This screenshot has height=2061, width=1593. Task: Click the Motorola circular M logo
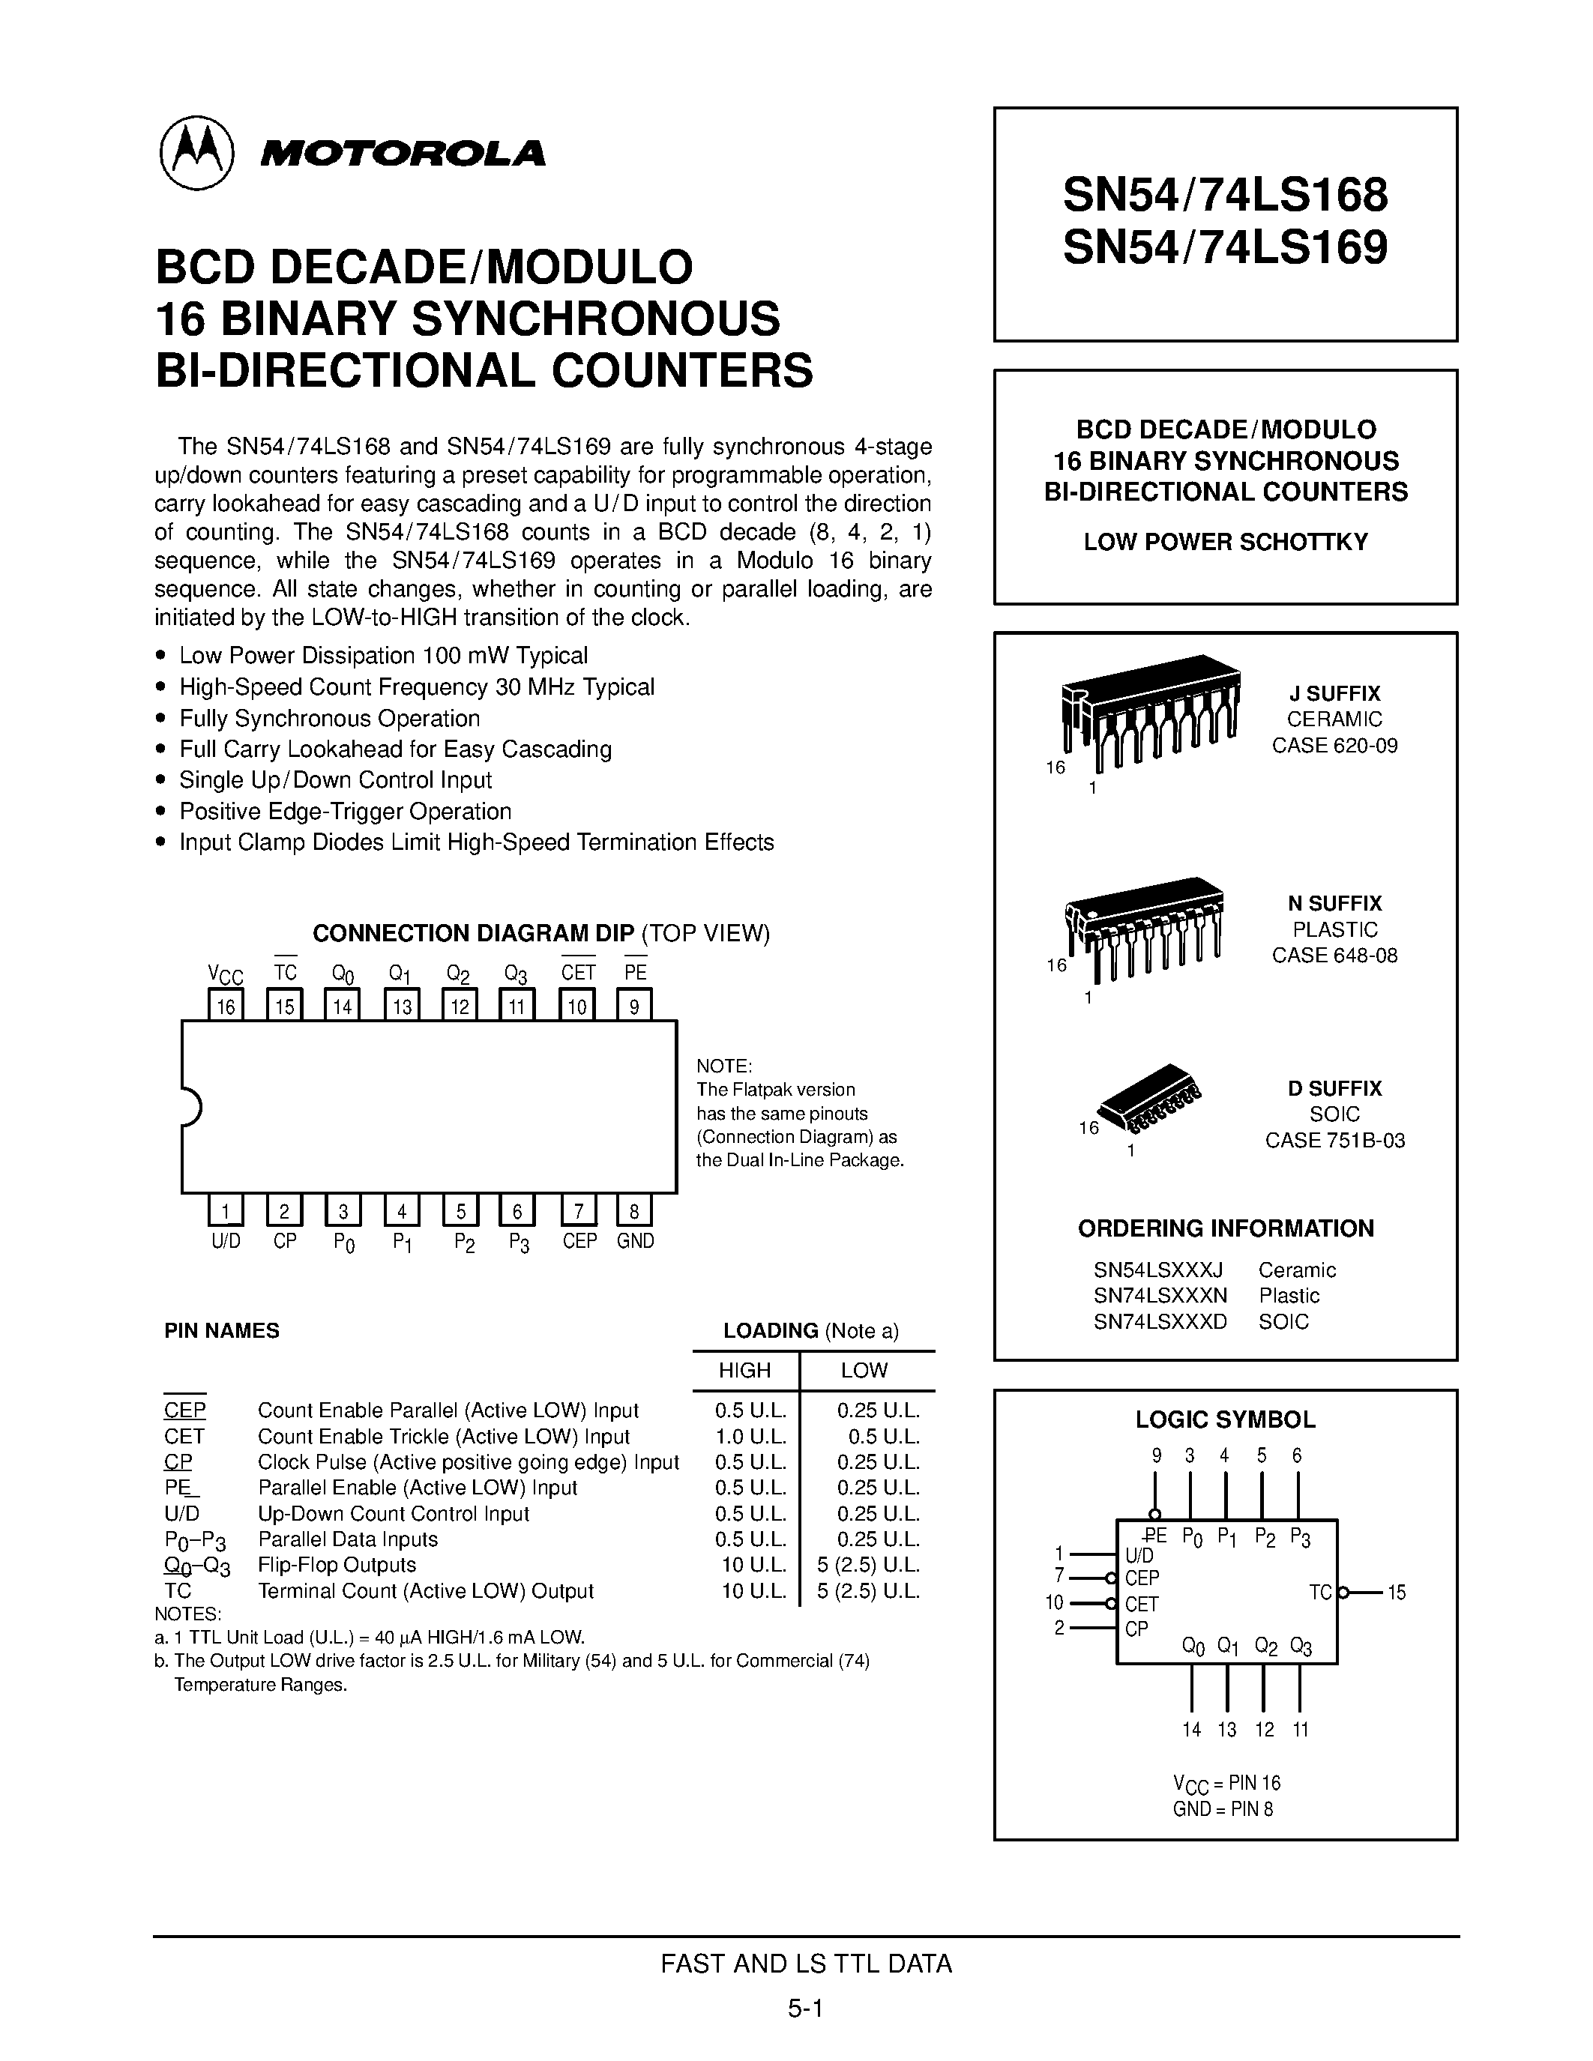pyautogui.click(x=196, y=153)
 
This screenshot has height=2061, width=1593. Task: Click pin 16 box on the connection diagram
pyautogui.click(x=226, y=1005)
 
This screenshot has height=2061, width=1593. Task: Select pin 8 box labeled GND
pyautogui.click(x=634, y=1210)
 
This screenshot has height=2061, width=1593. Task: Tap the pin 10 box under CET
pyautogui.click(x=576, y=1005)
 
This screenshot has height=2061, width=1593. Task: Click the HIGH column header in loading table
pyautogui.click(x=744, y=1370)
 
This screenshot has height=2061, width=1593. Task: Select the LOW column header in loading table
pyautogui.click(x=864, y=1370)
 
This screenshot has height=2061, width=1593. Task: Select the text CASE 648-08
pyautogui.click(x=1334, y=955)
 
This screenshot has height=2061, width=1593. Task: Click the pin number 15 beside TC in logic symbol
pyautogui.click(x=1397, y=1593)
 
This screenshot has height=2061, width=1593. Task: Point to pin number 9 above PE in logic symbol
pyautogui.click(x=1156, y=1456)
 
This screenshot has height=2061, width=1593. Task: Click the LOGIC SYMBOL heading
pyautogui.click(x=1225, y=1419)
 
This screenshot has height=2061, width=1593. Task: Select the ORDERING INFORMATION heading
pyautogui.click(x=1225, y=1228)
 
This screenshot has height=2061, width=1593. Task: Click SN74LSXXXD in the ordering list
pyautogui.click(x=1160, y=1322)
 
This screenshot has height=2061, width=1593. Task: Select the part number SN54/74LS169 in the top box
pyautogui.click(x=1225, y=248)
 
